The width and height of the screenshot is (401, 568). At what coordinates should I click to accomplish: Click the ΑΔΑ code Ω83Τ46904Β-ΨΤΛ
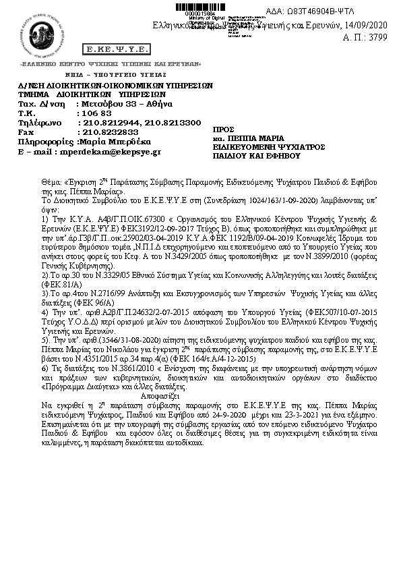348,11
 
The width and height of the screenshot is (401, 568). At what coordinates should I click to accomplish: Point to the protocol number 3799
379,38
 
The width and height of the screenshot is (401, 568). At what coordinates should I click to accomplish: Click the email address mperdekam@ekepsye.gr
118,152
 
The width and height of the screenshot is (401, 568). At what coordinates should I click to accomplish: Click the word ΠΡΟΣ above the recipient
222,128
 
